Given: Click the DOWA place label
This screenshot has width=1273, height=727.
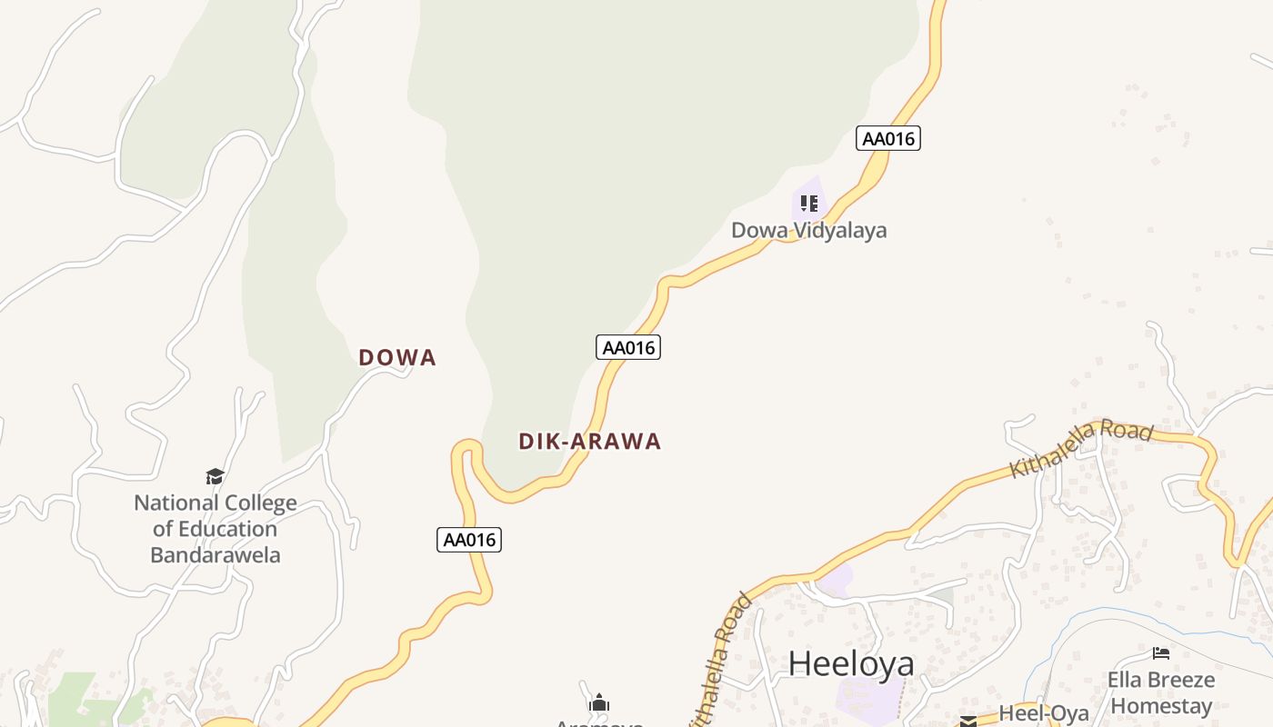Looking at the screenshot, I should [397, 358].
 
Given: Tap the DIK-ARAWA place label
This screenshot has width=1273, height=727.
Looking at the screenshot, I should [589, 442].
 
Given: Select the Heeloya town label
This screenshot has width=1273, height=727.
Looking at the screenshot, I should [850, 663].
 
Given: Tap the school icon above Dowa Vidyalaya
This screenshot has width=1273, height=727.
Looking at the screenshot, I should [809, 203].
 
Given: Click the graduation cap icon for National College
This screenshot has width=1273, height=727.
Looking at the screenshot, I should [215, 476].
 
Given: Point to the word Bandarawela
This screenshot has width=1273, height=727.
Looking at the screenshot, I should [216, 555].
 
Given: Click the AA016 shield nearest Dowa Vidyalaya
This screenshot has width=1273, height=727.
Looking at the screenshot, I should [888, 138].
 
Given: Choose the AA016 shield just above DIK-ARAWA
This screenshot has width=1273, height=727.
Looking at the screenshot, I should [627, 347].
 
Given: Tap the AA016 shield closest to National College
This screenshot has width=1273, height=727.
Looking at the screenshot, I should [469, 540].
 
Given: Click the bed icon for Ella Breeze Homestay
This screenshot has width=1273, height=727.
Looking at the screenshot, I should [1160, 652].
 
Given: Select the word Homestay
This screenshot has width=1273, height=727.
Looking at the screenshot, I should [1162, 706].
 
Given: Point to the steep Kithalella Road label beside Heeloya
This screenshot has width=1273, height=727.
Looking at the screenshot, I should [720, 659].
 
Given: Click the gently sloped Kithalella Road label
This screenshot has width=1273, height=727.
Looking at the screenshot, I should [1081, 449].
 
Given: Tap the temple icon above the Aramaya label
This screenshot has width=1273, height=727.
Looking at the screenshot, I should [599, 702].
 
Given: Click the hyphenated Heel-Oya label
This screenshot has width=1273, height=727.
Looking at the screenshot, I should [1044, 713].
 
